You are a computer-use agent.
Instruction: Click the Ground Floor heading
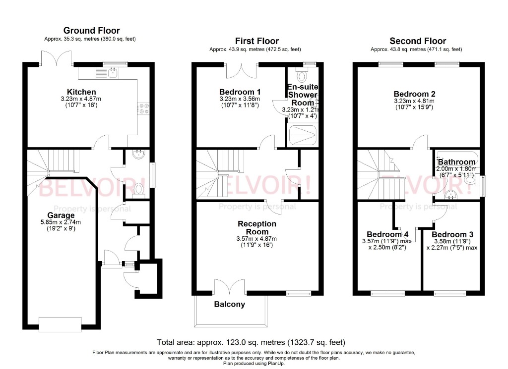coord(92,31)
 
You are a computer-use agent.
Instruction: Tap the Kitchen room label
coord(81,92)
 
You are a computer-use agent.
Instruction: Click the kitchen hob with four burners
coord(144,108)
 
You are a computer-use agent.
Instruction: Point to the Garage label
coord(61,215)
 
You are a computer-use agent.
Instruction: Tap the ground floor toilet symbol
coord(139,188)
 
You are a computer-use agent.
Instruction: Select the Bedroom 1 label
coord(240,92)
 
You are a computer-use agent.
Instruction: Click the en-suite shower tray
coord(302,133)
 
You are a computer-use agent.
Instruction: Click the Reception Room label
coord(257,228)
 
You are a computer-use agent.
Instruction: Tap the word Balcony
coord(229,304)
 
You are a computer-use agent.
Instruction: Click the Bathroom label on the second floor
coord(456,161)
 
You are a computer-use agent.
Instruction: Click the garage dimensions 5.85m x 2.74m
coord(61,223)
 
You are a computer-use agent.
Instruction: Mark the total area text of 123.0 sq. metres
coord(251,342)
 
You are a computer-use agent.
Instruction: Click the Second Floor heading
coord(418,41)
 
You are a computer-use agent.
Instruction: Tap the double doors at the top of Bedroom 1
coord(242,71)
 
